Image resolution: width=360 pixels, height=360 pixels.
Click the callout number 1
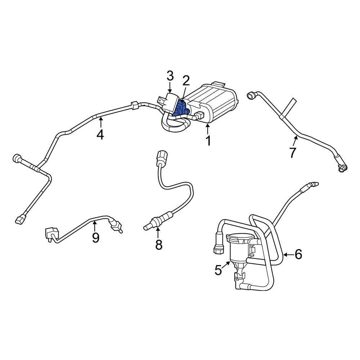click(x=208, y=141)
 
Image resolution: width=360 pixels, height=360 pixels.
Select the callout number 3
click(x=170, y=76)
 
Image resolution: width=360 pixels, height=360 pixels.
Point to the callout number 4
click(x=100, y=135)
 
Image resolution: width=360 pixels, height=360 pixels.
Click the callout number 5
click(x=219, y=270)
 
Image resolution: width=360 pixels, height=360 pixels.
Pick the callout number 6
click(x=298, y=255)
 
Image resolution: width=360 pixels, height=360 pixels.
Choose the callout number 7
click(x=292, y=153)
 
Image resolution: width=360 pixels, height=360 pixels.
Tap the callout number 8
click(x=159, y=245)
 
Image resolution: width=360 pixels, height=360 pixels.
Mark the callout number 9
click(x=95, y=238)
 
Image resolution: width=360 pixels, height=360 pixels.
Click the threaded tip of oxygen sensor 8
click(x=146, y=227)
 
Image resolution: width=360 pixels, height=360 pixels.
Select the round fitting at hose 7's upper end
click(x=251, y=96)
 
